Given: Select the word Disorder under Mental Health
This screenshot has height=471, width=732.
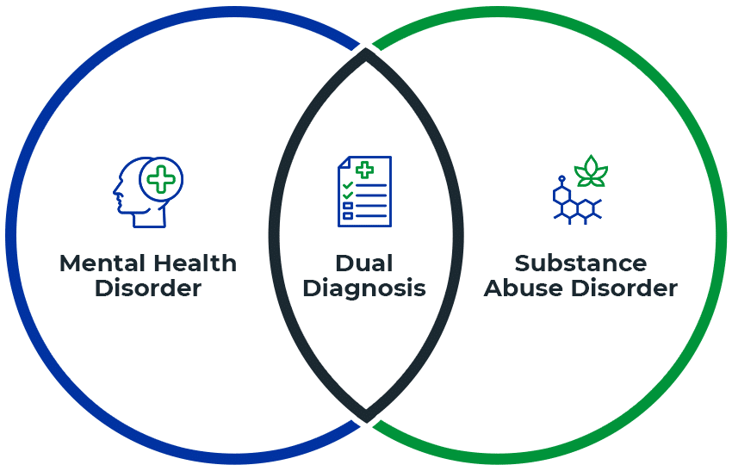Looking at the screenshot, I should click(147, 288).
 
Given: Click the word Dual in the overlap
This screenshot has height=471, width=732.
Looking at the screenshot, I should click(364, 263).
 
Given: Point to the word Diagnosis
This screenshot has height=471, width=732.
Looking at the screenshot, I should click(365, 288).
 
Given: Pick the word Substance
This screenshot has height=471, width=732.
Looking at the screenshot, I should click(580, 263).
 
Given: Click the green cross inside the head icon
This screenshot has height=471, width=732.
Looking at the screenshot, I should click(160, 179).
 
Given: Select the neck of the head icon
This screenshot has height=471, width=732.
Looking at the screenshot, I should click(147, 219).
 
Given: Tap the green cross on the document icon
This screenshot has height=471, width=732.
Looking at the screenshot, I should click(364, 169).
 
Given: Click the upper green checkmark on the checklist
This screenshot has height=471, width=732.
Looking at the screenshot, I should click(347, 185).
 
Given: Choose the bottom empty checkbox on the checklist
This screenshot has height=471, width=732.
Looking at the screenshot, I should click(347, 216).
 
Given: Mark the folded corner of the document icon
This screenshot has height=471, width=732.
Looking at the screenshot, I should click(343, 161).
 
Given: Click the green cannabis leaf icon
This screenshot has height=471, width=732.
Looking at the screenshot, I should click(591, 171).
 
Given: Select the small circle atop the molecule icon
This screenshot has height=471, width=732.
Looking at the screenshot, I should click(561, 180).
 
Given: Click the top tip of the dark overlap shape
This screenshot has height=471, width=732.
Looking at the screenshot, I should click(366, 52).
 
